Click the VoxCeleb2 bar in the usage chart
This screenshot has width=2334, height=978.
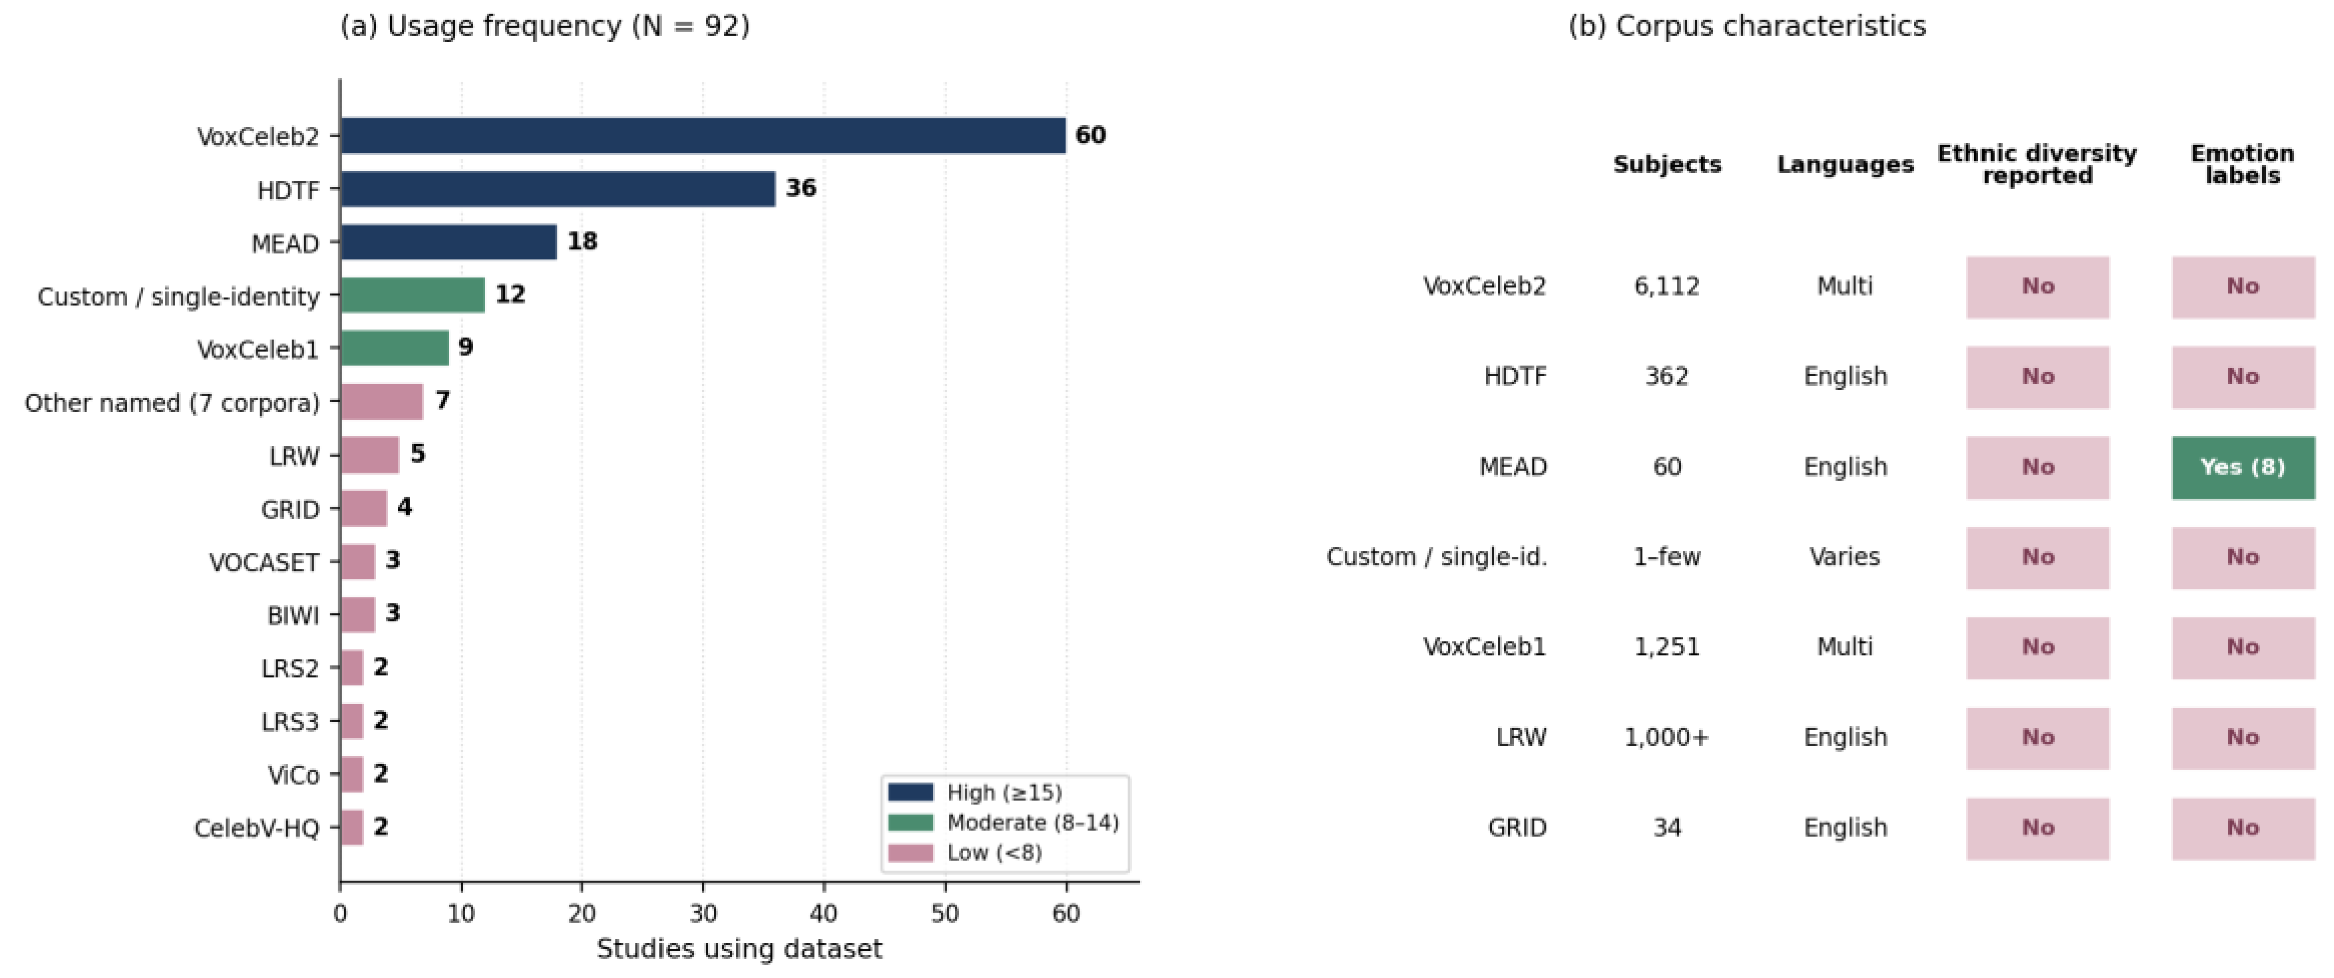[703, 136]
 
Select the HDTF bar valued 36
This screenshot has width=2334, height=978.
[558, 189]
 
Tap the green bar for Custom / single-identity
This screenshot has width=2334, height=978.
[413, 295]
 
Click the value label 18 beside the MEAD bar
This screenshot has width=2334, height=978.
[582, 241]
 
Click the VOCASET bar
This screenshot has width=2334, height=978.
[359, 562]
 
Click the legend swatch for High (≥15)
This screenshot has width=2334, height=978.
[911, 793]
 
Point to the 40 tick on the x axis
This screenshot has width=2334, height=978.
[824, 914]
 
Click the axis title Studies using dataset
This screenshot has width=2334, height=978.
[739, 949]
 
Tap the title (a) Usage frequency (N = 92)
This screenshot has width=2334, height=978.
[544, 26]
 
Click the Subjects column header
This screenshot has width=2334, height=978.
[1667, 164]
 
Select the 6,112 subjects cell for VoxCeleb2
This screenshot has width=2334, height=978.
[1667, 287]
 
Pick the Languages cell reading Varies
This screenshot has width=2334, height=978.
[1845, 557]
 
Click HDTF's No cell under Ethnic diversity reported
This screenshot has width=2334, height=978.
[2037, 377]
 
